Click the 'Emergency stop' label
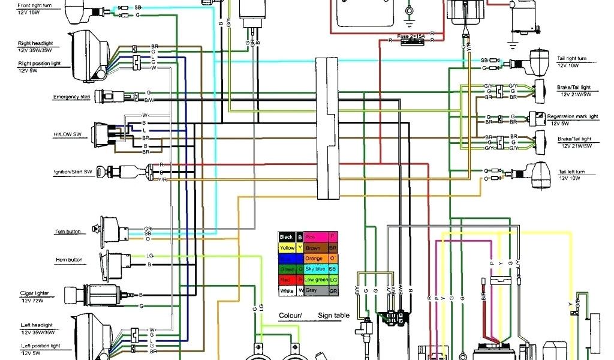tap(71, 97)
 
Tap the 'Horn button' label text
tap(68, 260)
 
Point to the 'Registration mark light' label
tap(573, 116)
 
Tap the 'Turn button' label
tap(68, 232)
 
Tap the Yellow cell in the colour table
tap(287, 248)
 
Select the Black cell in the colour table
tap(287, 237)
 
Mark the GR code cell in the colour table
tap(333, 291)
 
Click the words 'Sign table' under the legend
tap(334, 316)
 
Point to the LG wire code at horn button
tap(149, 256)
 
